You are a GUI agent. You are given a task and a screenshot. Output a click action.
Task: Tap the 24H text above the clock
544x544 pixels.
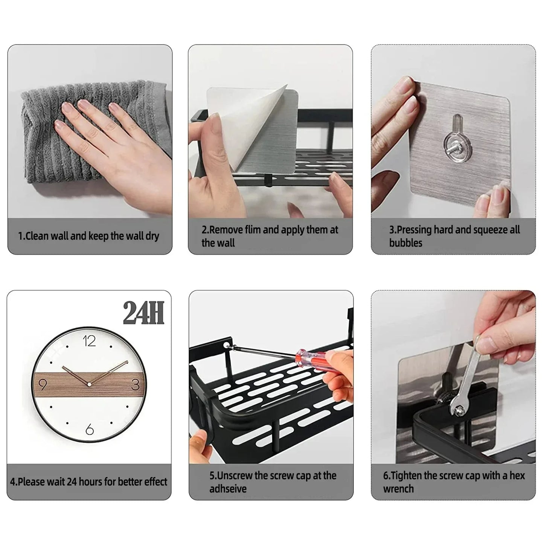coord(143,313)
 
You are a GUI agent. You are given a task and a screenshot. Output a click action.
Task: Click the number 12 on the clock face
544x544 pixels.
coord(89,341)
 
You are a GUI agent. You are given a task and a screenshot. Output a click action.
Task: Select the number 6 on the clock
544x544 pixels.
coord(89,429)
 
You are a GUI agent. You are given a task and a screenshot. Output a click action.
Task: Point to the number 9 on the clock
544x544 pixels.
coord(43,385)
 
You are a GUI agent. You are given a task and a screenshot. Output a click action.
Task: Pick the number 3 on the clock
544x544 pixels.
coord(136,385)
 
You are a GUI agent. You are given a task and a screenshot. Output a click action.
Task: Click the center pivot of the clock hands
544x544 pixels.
coord(89,384)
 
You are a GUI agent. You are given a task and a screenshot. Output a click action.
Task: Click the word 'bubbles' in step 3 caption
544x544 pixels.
coord(405,243)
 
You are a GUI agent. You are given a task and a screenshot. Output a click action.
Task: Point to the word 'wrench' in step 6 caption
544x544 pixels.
coord(398,489)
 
